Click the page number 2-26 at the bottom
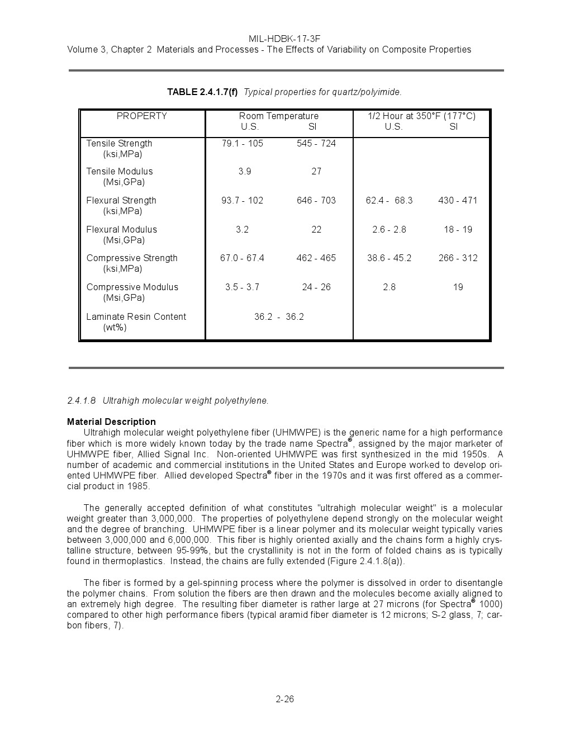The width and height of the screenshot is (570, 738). point(284,699)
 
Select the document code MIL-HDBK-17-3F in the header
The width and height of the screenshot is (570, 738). point(284,39)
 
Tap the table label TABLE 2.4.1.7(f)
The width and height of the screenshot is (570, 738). point(202,92)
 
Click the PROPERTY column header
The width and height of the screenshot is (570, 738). point(142,116)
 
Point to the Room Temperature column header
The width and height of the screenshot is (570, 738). point(279,116)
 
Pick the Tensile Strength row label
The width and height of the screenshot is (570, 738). point(119,144)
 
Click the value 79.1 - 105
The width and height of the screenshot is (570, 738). point(243,144)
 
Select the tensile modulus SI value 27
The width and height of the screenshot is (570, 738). point(316,172)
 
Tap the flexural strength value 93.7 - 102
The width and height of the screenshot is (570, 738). point(243,201)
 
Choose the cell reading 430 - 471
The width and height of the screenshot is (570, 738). point(458,201)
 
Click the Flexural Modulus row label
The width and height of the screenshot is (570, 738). point(122,230)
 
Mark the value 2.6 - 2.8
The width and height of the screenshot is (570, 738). point(389,230)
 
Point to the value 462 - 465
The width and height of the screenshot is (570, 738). point(316,258)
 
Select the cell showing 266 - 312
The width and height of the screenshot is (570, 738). point(458,258)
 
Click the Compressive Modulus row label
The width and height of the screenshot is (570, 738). point(132,287)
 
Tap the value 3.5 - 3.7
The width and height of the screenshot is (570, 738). point(243,287)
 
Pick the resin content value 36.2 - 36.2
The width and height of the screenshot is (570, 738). point(279,317)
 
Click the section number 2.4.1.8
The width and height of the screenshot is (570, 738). point(82,401)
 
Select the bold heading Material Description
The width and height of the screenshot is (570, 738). point(111,422)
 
